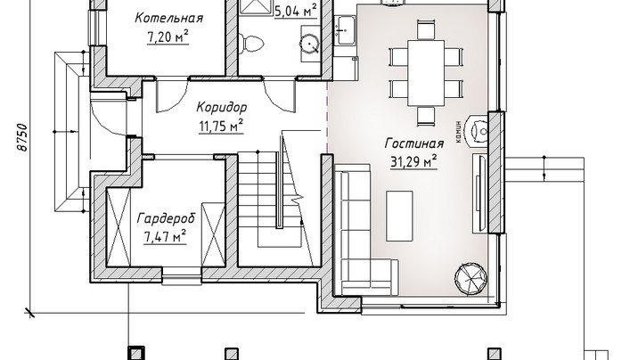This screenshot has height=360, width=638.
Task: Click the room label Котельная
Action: point(169,19)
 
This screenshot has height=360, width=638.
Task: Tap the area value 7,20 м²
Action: point(168,37)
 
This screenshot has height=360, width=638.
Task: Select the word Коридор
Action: point(221,108)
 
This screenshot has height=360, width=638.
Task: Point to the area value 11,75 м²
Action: point(221,127)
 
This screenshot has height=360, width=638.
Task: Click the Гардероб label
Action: point(166,218)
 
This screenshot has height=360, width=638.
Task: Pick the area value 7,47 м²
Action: point(165,236)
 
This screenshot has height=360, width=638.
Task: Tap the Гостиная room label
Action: point(414,143)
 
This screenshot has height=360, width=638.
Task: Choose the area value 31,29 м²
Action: point(413,161)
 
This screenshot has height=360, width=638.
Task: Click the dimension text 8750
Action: point(23,137)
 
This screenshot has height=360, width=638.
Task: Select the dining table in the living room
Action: point(426,72)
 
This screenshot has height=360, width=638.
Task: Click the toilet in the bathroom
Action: point(251,44)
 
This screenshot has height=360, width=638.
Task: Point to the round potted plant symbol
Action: point(470,278)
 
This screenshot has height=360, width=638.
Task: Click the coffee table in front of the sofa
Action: point(399,216)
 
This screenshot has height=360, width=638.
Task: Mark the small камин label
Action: point(459,131)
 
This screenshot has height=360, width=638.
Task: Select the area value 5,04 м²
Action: point(296,11)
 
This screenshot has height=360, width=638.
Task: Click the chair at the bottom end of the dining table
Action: point(426,116)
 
